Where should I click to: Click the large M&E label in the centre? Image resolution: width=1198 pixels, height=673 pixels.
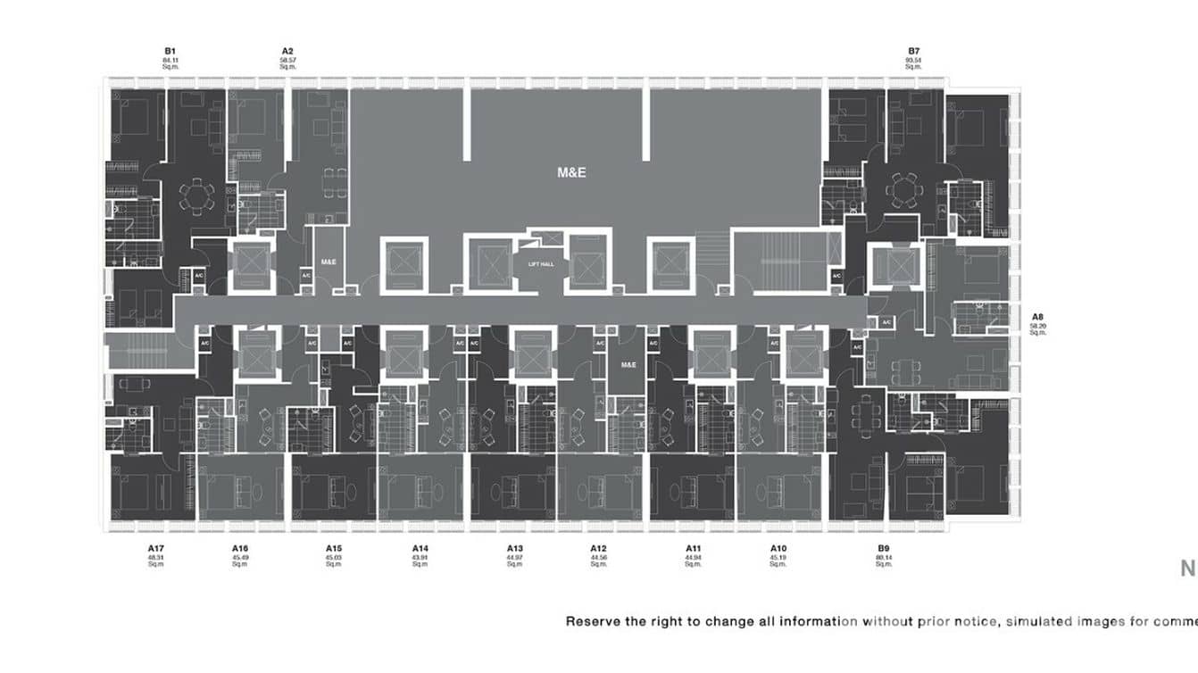(571, 172)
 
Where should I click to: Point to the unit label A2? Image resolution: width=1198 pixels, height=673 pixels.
(287, 52)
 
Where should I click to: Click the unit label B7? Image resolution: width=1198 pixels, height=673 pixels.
(913, 52)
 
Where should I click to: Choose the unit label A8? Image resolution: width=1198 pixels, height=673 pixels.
(1037, 317)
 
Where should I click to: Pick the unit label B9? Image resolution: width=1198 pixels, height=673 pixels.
(883, 548)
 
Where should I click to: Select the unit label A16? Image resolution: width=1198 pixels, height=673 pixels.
(239, 548)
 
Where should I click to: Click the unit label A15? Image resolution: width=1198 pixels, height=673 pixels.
(334, 548)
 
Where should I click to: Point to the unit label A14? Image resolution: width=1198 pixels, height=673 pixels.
(420, 548)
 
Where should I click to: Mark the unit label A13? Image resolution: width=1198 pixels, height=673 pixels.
(514, 548)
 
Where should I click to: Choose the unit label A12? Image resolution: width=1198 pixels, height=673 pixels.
(598, 548)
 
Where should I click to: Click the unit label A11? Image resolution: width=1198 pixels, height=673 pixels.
(694, 548)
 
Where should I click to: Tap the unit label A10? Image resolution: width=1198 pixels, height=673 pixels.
(778, 548)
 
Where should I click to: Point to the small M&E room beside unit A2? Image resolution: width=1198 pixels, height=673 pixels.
(329, 262)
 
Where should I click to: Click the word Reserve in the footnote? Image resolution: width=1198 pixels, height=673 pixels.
(590, 621)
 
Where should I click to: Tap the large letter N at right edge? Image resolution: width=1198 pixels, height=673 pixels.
(1188, 569)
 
